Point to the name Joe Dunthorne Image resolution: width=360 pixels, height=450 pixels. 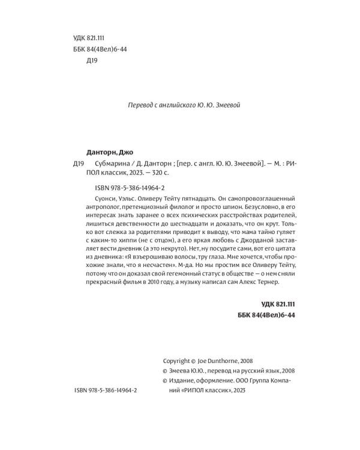219,361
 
